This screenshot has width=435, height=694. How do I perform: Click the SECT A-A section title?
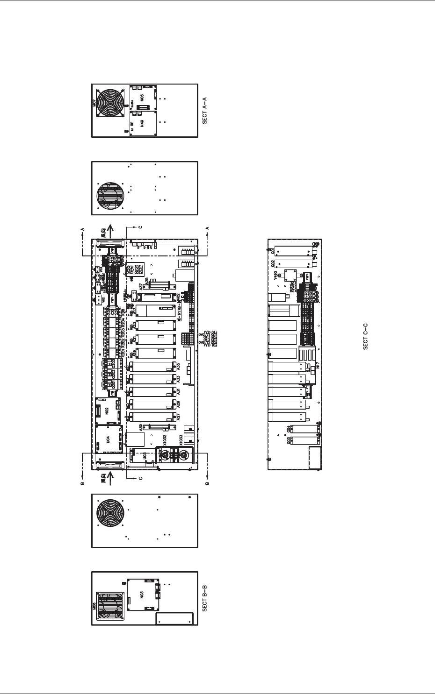tap(204, 111)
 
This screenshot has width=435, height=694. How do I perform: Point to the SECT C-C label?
tap(366, 336)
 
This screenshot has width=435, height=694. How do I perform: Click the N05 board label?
tap(142, 99)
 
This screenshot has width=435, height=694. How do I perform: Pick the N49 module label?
tap(142, 123)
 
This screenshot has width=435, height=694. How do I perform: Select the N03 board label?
tap(142, 595)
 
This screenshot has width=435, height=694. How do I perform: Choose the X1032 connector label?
tap(165, 440)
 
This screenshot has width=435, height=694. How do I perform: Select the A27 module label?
tap(178, 417)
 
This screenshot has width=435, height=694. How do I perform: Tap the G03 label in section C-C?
tap(289, 440)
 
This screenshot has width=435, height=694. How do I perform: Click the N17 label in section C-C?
tap(318, 367)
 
